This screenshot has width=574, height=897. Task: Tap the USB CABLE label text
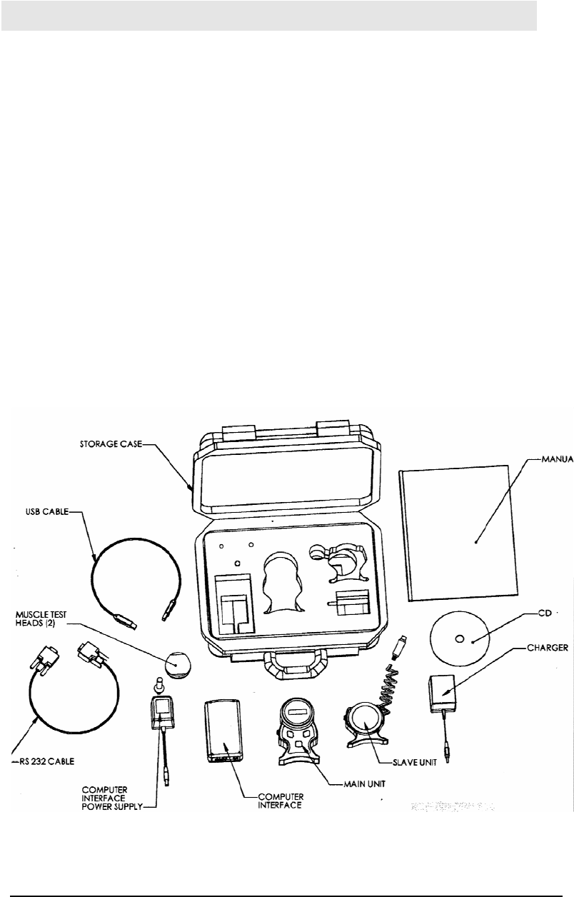44,511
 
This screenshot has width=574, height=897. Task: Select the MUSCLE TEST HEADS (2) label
51,614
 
